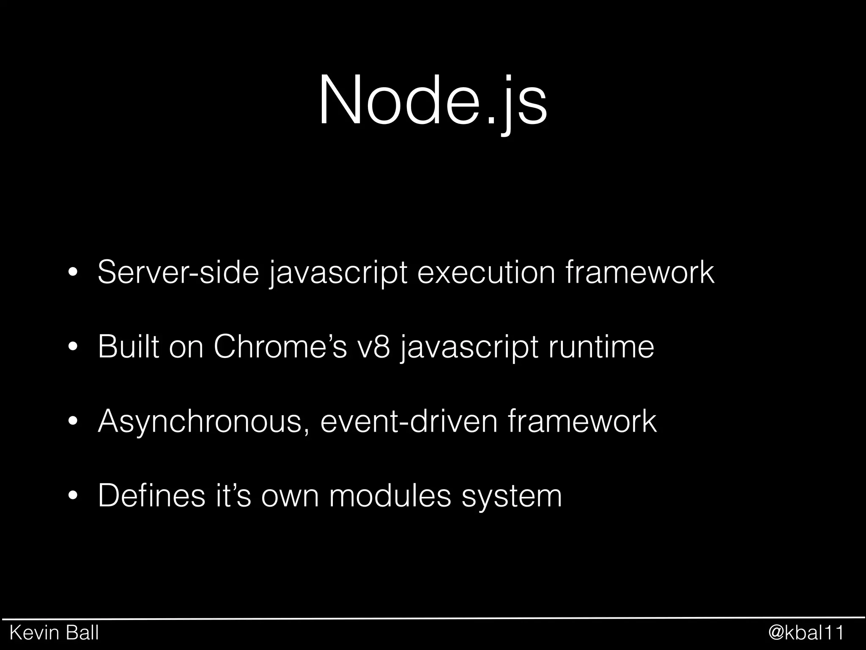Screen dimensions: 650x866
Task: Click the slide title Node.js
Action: (x=433, y=102)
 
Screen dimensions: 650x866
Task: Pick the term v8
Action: (x=373, y=346)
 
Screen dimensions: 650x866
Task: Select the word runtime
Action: (x=601, y=346)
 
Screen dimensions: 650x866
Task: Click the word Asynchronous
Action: (x=203, y=421)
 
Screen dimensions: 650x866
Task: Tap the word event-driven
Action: (x=409, y=421)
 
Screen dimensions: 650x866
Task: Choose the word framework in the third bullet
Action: (x=582, y=421)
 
